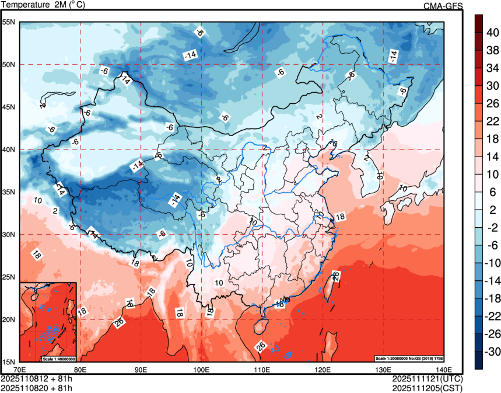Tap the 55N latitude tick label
(x=9, y=22)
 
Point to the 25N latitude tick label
(x=9, y=277)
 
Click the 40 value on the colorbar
(x=492, y=33)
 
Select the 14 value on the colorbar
(x=492, y=156)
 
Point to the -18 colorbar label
(x=493, y=298)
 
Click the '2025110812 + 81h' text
(x=37, y=378)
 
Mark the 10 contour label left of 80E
(x=38, y=200)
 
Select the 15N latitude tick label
(x=9, y=361)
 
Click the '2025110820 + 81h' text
(x=37, y=387)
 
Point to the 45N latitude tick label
(x=9, y=107)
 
